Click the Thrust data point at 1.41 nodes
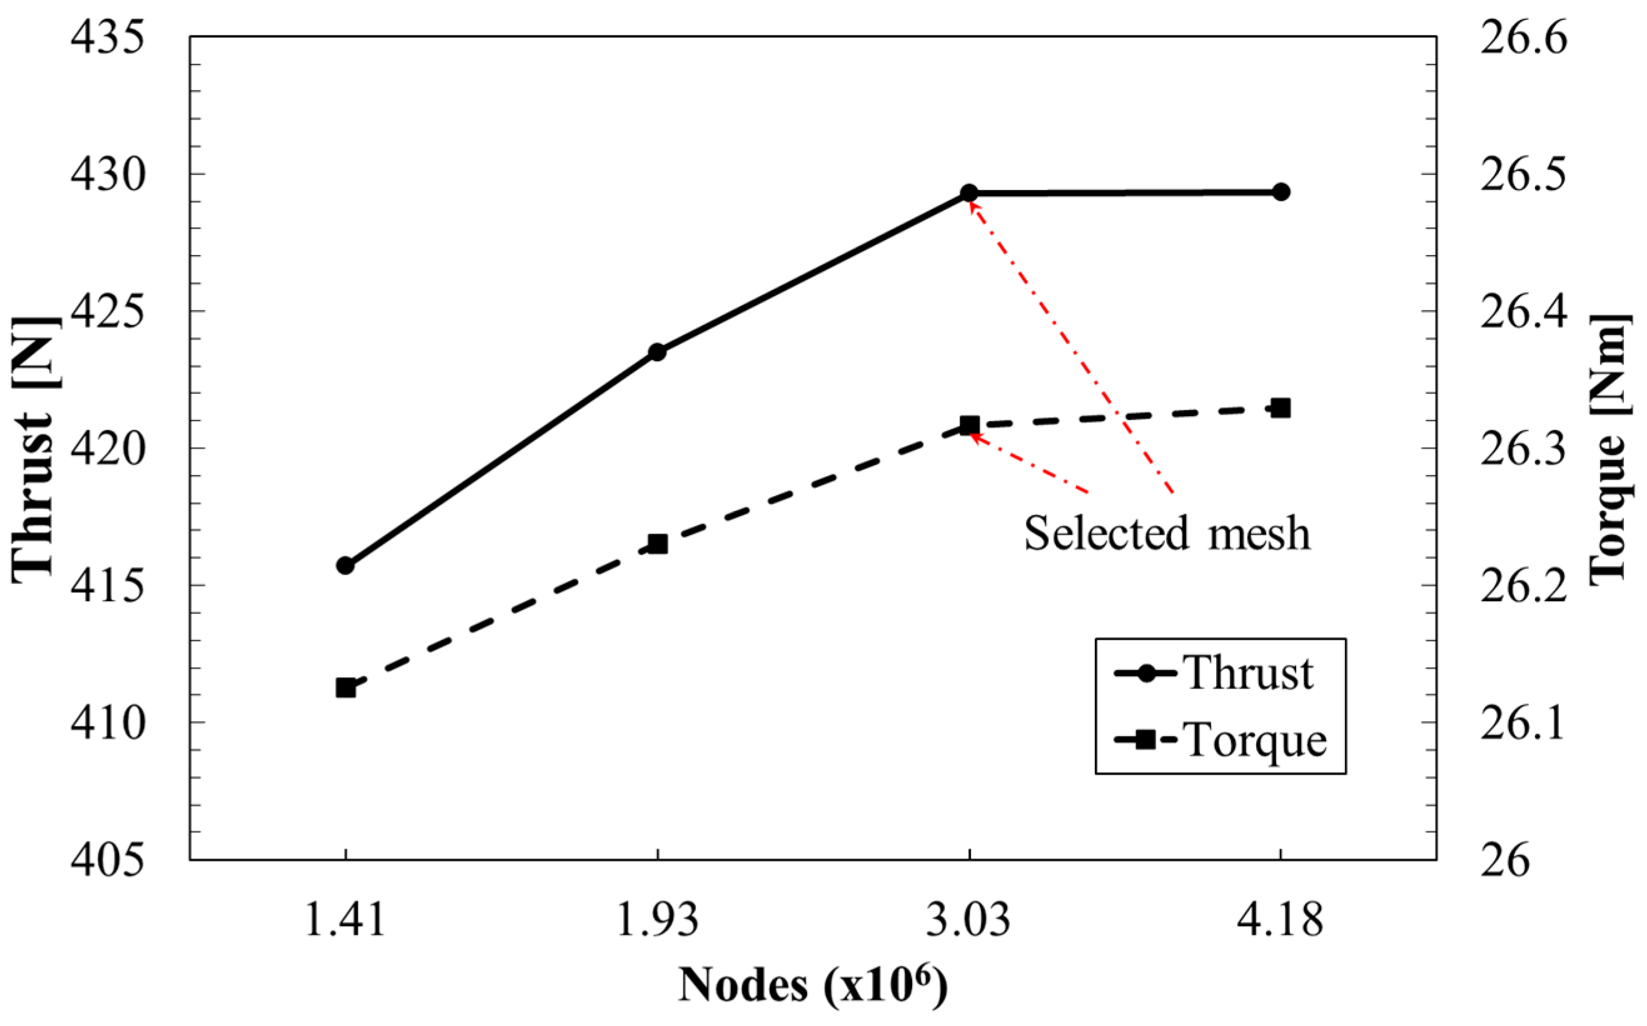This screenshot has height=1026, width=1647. pyautogui.click(x=346, y=565)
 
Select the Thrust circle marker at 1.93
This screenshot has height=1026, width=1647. pyautogui.click(x=657, y=352)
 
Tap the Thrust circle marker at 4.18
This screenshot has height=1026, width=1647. pyautogui.click(x=1281, y=192)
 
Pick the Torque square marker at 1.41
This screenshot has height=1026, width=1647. pyautogui.click(x=346, y=688)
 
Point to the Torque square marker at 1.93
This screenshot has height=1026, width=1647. pyautogui.click(x=657, y=544)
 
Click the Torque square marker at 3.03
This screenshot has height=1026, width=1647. pyautogui.click(x=969, y=426)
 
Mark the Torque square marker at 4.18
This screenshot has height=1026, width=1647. pyautogui.click(x=1281, y=409)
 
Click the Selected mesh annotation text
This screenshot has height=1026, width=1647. pyautogui.click(x=1166, y=534)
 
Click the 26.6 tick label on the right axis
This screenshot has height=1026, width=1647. pyautogui.click(x=1523, y=39)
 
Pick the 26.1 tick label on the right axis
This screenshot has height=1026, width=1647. pyautogui.click(x=1523, y=724)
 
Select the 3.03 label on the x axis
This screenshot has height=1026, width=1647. pyautogui.click(x=969, y=922)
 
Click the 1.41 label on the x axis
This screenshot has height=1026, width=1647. pyautogui.click(x=346, y=922)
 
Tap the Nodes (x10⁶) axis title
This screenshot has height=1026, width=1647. pyautogui.click(x=813, y=985)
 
